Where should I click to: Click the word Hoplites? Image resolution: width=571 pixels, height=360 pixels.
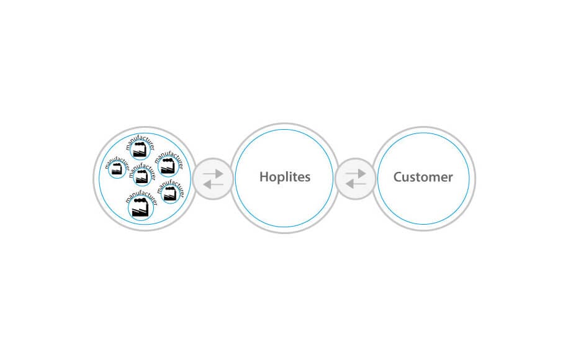pos(285,177)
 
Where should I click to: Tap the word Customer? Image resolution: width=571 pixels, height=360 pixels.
pos(423,177)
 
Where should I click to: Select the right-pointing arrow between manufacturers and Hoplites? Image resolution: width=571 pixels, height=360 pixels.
pos(214,174)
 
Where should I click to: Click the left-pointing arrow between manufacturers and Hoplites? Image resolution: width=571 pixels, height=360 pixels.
pos(213,184)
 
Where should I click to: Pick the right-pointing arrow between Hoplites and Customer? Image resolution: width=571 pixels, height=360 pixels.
pos(356,173)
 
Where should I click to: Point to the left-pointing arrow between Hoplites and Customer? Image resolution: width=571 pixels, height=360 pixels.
pos(356,184)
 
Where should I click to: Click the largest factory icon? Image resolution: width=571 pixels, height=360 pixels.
pos(140,208)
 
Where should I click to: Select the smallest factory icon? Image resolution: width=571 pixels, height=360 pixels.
pos(117,169)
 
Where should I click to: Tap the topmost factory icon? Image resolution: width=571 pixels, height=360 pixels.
pos(140,150)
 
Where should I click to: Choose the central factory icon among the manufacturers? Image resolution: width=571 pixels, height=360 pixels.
pos(142,177)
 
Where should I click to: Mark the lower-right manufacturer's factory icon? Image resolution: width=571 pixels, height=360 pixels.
pos(169,194)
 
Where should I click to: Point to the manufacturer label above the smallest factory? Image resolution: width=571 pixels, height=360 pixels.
pos(117,163)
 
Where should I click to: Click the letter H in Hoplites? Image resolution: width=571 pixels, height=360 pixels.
pos(264,177)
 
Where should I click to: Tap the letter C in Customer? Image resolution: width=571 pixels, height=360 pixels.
pos(398,177)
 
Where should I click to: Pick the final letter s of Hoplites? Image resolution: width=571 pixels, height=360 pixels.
pos(308,178)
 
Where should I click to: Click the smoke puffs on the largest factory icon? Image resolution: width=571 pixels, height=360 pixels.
pos(140,200)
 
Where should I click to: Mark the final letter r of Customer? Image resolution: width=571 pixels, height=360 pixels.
pos(451,178)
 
